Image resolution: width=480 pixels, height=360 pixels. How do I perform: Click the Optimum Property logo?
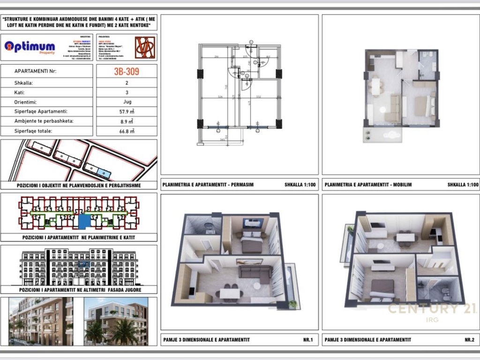pos(30,47)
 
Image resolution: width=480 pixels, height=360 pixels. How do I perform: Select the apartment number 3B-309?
pos(127,72)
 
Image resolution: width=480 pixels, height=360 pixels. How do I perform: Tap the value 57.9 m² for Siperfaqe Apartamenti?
pos(127,112)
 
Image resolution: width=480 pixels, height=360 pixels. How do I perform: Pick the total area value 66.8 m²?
pos(127,131)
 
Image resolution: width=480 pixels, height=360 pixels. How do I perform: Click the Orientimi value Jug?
pos(127,102)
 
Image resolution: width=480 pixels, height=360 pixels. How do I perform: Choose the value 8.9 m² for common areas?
pos(127,121)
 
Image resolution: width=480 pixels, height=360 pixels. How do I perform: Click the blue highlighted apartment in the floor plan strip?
pos(84,221)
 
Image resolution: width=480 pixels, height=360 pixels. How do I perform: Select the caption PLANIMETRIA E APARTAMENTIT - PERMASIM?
pos(208,185)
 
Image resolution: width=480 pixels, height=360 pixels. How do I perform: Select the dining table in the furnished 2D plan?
pos(375,87)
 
